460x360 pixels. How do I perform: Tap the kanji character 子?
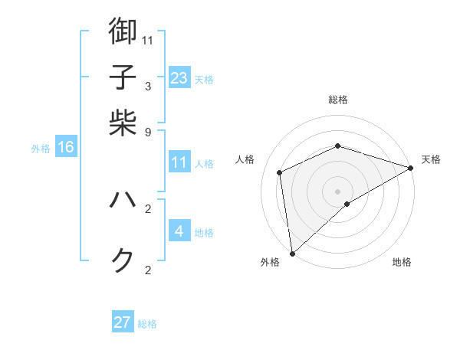123,77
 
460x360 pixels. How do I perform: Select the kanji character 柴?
123,123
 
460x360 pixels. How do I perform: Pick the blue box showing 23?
179,77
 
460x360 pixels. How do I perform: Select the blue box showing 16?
65,147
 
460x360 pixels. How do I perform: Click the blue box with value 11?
179,162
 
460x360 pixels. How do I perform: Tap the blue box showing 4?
179,231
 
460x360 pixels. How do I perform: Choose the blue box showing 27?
123,322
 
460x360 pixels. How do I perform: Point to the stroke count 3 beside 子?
148,86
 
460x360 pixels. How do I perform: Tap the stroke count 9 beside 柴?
148,132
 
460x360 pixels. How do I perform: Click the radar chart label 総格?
338,100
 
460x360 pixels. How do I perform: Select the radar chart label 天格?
431,159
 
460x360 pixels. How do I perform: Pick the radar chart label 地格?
402,263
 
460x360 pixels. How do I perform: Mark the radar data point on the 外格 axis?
292,253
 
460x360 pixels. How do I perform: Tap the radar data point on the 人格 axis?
280,172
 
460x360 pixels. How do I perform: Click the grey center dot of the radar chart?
338,191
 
